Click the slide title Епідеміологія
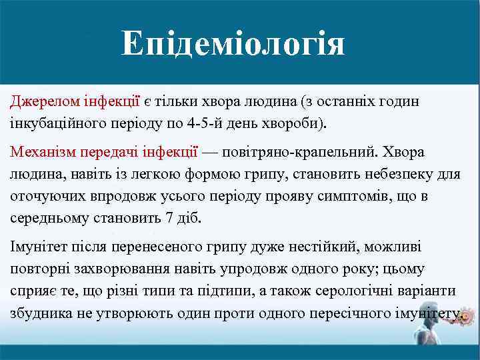[233, 45]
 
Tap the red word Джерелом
[39, 101]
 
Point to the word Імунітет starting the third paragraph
[37, 247]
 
